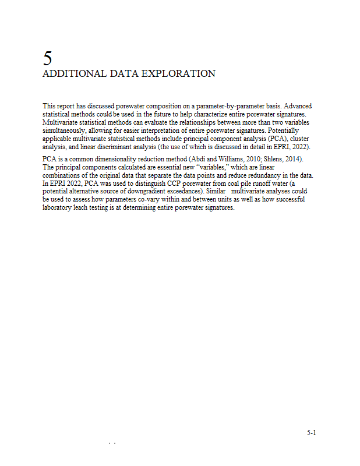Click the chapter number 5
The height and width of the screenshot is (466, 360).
pyautogui.click(x=48, y=58)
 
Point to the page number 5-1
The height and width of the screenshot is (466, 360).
pyautogui.click(x=312, y=433)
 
